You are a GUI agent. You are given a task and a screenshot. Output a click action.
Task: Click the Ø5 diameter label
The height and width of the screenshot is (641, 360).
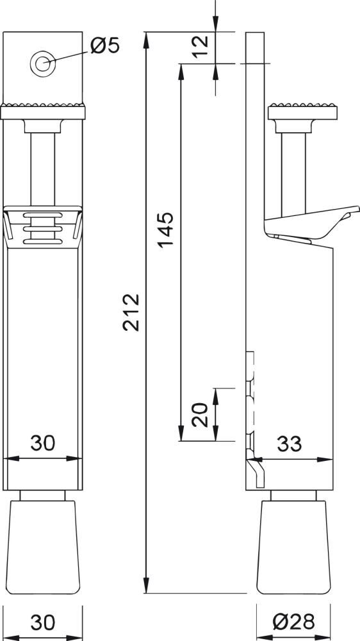(105, 46)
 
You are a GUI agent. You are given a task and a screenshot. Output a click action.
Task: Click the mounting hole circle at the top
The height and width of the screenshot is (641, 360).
(43, 63)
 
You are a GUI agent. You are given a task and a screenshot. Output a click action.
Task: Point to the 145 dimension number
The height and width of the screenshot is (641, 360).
(165, 229)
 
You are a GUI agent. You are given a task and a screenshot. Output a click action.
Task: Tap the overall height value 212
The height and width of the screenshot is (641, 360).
(131, 312)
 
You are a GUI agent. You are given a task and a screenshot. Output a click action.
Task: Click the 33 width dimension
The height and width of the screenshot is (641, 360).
(290, 444)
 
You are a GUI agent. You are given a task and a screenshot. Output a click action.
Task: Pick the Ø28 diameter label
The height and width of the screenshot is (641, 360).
(293, 621)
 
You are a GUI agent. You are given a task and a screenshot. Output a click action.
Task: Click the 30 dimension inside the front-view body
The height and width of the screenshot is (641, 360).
(43, 444)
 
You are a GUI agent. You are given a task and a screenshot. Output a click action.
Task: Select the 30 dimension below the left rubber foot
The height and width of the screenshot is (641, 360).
(43, 621)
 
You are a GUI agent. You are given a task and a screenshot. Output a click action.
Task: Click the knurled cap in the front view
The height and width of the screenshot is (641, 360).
(43, 112)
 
